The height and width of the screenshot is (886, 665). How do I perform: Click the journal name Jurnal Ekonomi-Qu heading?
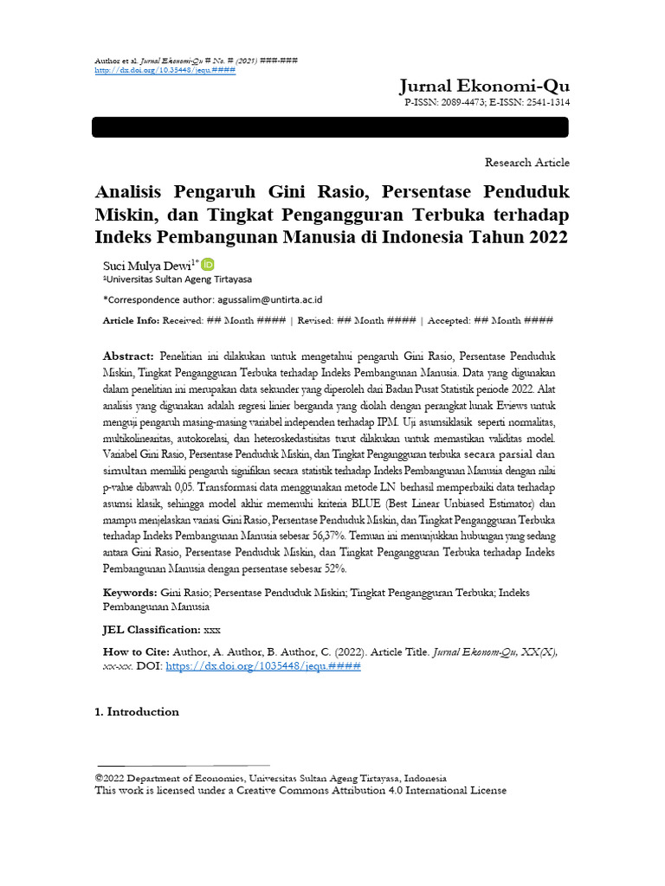coord(484,85)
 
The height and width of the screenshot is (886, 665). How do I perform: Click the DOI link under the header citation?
coord(164,70)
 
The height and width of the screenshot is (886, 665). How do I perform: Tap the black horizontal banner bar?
coord(330,127)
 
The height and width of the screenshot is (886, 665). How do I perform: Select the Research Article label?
coord(527,163)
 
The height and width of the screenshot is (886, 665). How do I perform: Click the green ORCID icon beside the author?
coord(208,265)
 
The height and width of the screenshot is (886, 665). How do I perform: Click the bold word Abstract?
coord(128,356)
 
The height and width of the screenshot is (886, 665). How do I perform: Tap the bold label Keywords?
coord(130,593)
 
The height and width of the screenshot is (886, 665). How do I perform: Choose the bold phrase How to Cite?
coord(134,652)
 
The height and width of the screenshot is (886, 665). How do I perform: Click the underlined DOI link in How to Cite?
coord(262,667)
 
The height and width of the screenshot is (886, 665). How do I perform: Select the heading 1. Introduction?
coord(137,712)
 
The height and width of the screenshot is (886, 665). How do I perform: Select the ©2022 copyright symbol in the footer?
coord(99,778)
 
